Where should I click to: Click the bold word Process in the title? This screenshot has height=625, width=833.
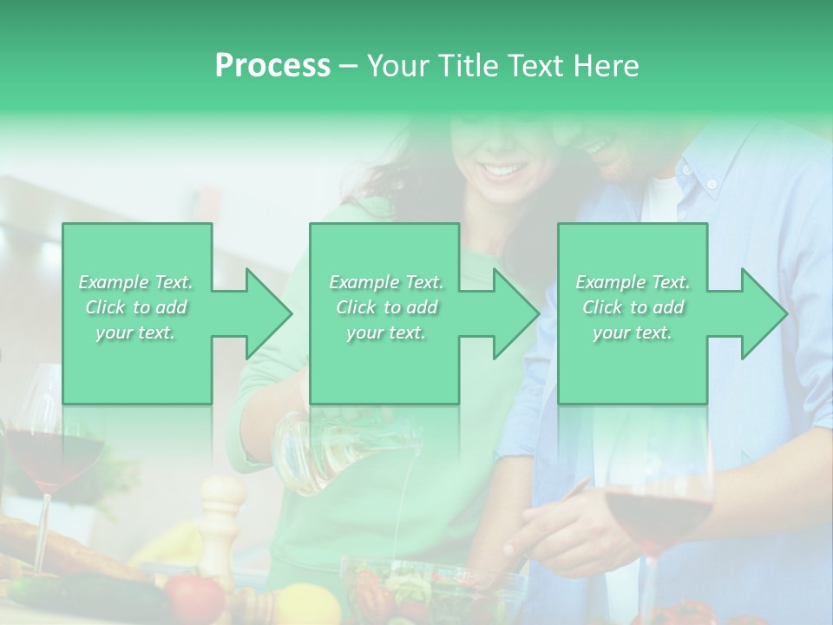(x=272, y=66)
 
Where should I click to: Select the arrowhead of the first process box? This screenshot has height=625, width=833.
(x=265, y=313)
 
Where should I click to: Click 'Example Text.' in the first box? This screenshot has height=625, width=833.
(x=136, y=282)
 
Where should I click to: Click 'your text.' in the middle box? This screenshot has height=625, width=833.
(x=385, y=333)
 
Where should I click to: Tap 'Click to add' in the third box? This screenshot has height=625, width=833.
(x=633, y=307)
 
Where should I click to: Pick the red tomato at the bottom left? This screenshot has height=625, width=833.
(x=194, y=598)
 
